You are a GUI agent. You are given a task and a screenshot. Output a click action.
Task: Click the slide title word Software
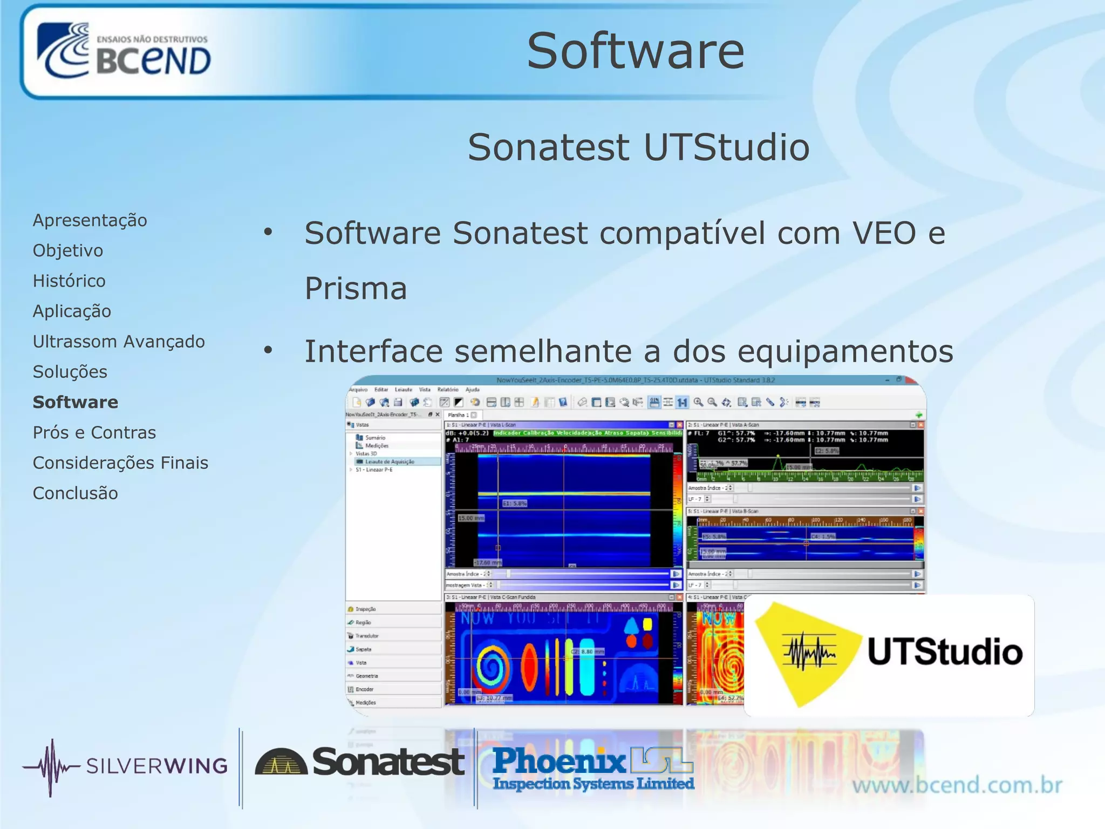pyautogui.click(x=635, y=51)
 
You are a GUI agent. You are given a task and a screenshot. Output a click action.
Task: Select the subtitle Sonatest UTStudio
pyautogui.click(x=638, y=147)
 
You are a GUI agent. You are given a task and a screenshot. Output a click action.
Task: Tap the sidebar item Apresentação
pyautogui.click(x=90, y=220)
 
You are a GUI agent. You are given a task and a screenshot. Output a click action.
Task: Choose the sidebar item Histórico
pyautogui.click(x=69, y=281)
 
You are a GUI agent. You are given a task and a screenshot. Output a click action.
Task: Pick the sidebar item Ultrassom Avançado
pyautogui.click(x=119, y=342)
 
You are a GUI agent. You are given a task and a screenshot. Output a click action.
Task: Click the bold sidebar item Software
pyautogui.click(x=76, y=402)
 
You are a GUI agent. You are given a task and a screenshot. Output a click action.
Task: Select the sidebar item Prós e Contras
pyautogui.click(x=94, y=432)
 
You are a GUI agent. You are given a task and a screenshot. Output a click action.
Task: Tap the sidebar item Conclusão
pyautogui.click(x=76, y=493)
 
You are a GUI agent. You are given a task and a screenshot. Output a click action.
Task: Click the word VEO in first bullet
pyautogui.click(x=884, y=234)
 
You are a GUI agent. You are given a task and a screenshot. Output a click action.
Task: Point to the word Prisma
pyautogui.click(x=356, y=289)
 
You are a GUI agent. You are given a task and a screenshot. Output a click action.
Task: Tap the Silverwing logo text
pyautogui.click(x=156, y=766)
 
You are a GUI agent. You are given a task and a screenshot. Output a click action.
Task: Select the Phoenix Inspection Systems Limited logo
pyautogui.click(x=592, y=769)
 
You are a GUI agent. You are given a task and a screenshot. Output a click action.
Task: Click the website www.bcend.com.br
pyautogui.click(x=957, y=785)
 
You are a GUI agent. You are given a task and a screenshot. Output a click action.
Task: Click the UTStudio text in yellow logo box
pyautogui.click(x=945, y=652)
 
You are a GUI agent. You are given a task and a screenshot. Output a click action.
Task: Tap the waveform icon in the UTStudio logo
pyautogui.click(x=809, y=651)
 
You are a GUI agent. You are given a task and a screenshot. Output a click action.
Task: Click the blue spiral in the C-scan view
pyautogui.click(x=490, y=669)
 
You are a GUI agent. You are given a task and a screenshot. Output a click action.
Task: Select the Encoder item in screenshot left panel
pyautogui.click(x=364, y=689)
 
